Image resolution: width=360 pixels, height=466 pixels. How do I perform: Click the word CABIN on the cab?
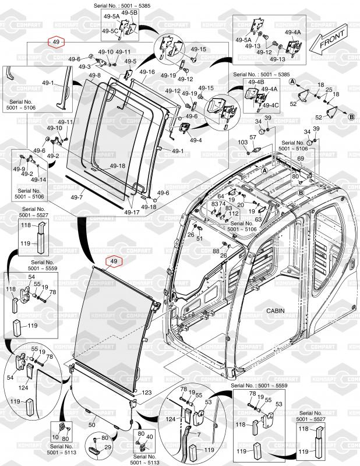(276, 311)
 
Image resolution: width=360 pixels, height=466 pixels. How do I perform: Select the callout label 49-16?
(147, 72)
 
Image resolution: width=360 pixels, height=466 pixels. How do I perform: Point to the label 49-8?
(94, 76)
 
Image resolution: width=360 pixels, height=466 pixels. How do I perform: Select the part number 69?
(301, 158)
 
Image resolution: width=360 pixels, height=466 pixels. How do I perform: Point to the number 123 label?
(146, 393)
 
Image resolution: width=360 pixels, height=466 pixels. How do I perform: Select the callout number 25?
(329, 90)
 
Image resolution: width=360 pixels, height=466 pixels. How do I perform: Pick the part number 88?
(216, 250)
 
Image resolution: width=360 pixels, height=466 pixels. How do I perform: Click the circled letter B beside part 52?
(351, 117)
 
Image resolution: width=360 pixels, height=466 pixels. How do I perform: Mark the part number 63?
(257, 219)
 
